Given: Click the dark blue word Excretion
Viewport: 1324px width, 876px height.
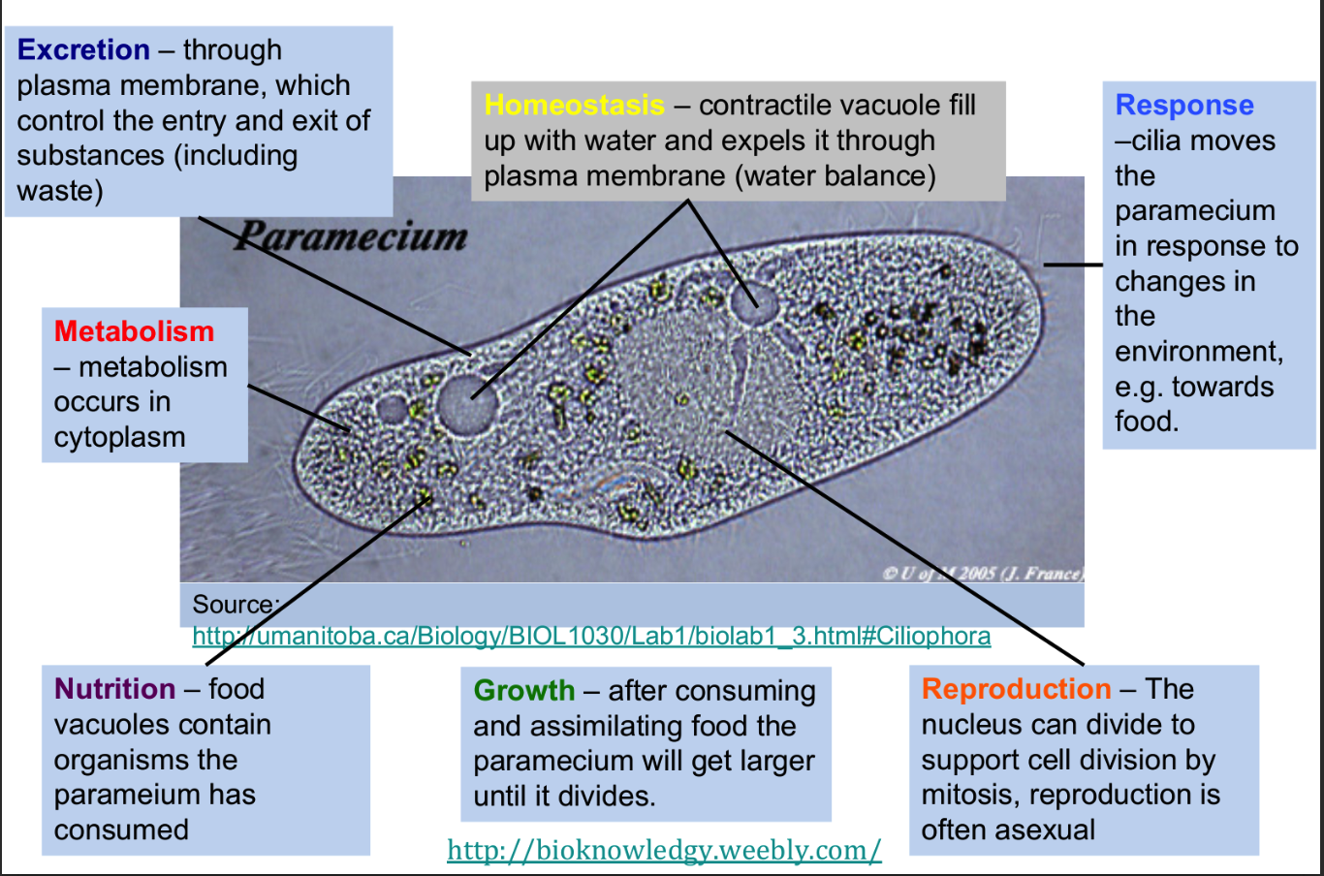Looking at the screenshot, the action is [83, 49].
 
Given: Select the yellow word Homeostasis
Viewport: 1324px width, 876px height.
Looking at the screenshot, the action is [575, 106].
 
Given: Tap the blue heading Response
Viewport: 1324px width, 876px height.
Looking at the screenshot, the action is [1184, 106].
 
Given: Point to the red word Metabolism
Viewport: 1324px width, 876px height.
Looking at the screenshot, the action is [134, 331].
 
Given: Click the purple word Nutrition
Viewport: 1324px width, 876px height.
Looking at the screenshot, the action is [114, 689].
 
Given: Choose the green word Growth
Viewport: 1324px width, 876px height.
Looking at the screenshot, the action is [524, 690].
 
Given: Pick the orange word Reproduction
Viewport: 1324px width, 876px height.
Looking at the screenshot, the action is [1017, 689].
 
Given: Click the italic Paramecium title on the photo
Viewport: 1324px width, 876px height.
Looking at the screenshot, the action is [351, 236].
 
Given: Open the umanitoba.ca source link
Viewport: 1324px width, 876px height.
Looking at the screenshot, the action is [591, 636].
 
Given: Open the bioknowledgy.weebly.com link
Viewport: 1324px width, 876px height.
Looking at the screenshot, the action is [664, 851].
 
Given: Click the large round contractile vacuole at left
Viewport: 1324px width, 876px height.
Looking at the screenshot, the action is [466, 404].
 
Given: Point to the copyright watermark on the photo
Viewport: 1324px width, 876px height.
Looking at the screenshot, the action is [984, 574].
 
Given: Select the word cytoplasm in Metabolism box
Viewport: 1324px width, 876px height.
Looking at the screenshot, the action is [120, 438].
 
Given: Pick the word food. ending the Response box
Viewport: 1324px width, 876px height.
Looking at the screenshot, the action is [1147, 422].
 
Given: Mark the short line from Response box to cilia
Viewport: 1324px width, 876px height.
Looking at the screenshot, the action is [1073, 265].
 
